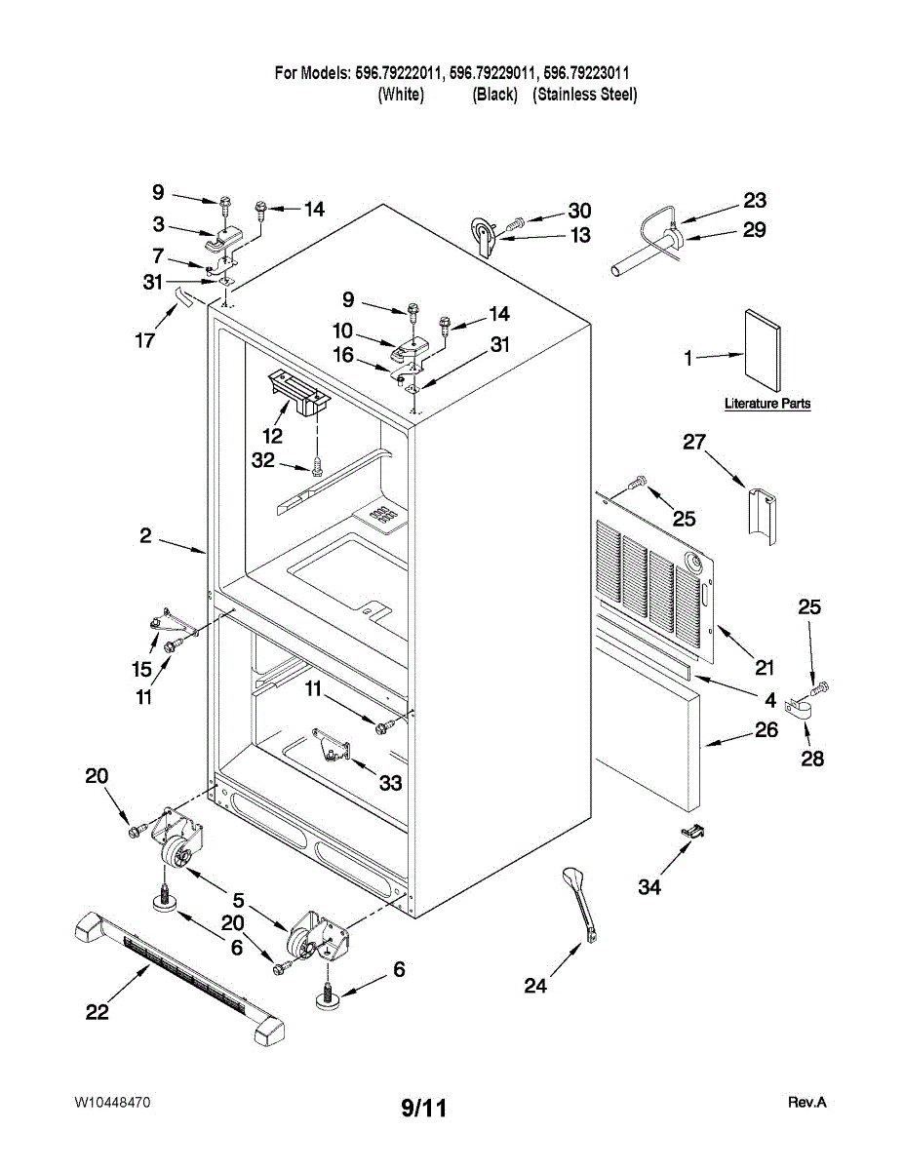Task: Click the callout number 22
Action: coord(97,1013)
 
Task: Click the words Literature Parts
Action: coord(767,404)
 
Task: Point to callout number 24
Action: coord(535,987)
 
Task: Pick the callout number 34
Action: coord(649,887)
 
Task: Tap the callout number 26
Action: coord(766,728)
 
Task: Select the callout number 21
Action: coord(764,668)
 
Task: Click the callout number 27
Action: coord(693,443)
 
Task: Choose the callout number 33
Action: coord(391,783)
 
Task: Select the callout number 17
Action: coord(144,341)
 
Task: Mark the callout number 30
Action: coord(579,211)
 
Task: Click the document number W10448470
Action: coord(112,1103)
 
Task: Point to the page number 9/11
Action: coord(424,1107)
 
